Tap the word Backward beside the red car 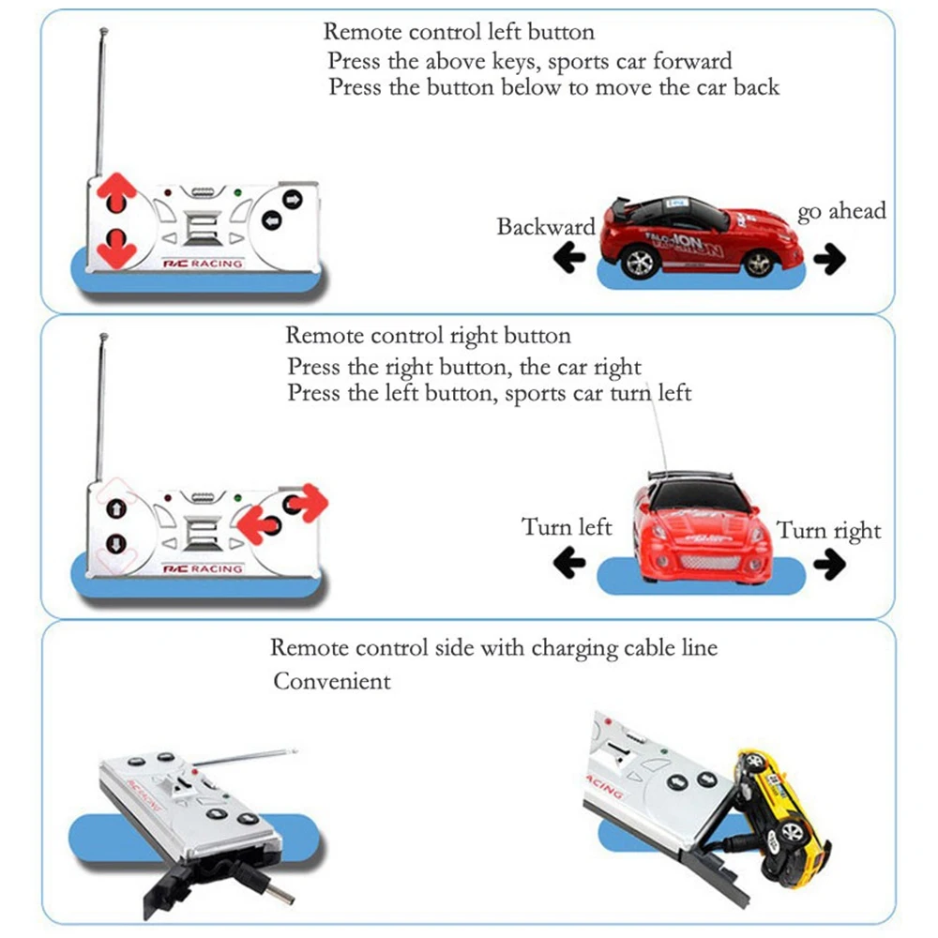546,227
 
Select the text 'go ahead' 841,211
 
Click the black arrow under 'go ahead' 830,258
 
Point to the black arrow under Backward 568,258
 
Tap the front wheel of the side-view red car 760,261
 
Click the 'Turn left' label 567,527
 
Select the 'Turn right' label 829,531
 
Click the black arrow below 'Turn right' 830,563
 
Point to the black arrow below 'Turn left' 569,563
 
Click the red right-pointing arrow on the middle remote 308,504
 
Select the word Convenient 332,681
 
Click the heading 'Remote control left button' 459,32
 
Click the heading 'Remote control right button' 427,335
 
